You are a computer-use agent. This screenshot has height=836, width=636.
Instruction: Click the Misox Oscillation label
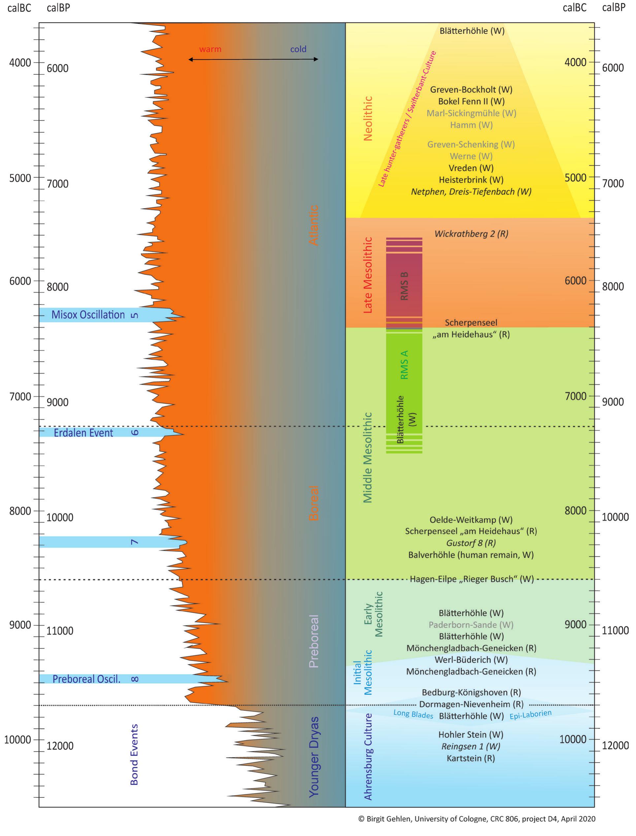point(88,315)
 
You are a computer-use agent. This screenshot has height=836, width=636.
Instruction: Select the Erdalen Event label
point(83,433)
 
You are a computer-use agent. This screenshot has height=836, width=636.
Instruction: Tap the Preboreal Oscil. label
point(86,679)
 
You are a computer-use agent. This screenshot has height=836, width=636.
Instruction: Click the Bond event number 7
point(134,542)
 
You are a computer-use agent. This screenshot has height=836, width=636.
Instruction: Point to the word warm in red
point(210,49)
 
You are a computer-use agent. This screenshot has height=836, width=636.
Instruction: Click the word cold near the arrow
point(298,49)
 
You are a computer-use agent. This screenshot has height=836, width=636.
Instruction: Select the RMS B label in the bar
point(404,286)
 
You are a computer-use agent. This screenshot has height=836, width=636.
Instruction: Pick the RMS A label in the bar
point(404,365)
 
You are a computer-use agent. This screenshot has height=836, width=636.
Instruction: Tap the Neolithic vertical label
point(368,118)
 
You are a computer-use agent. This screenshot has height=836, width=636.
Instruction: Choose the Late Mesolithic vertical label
point(368,275)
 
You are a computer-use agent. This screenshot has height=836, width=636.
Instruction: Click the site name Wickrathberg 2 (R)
point(471,234)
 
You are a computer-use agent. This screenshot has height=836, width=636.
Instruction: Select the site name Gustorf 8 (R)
point(471,543)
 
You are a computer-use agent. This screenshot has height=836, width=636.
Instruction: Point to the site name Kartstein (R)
point(471,758)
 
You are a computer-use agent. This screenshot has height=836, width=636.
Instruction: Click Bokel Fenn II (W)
point(471,101)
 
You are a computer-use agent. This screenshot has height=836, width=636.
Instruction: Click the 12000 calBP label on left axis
point(60,746)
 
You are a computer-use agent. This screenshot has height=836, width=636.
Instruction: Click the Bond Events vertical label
point(134,754)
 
